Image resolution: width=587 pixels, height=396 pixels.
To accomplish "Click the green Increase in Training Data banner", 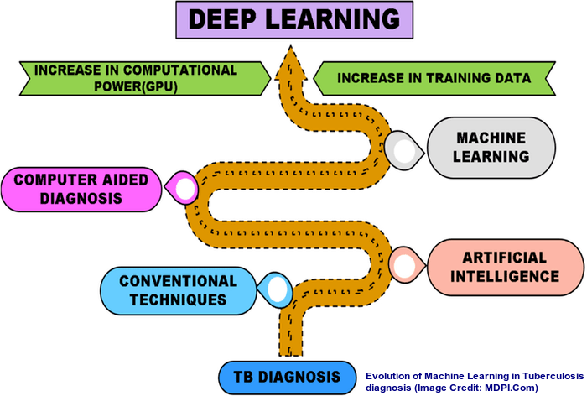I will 433,79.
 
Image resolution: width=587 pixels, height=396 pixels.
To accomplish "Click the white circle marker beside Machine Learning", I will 406,150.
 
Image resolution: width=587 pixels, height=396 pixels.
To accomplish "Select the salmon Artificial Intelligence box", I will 498,266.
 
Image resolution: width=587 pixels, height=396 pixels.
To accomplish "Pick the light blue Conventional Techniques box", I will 177,289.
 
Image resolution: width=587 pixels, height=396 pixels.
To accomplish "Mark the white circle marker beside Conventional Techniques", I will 278,289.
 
